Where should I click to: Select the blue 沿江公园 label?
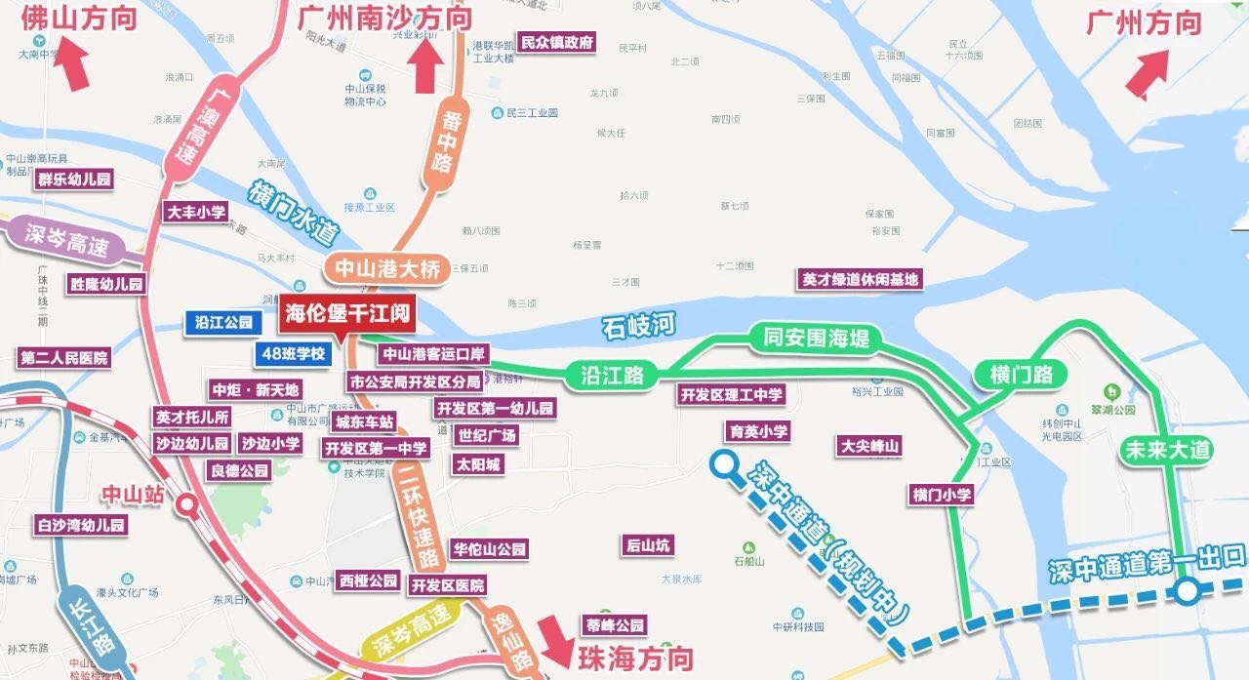pos(223,322)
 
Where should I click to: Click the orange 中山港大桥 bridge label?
pos(387,268)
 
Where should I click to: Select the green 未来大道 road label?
pos(1168,449)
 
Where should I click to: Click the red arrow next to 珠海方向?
pos(555,641)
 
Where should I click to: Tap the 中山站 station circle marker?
pos(186,504)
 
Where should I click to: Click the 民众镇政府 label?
pos(556,43)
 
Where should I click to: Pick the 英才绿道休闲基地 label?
pos(860,279)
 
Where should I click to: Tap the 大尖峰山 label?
pos(869,447)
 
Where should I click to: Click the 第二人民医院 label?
pos(64,357)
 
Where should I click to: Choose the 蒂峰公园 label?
pos(615,625)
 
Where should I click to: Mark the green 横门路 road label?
pos(1014,375)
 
